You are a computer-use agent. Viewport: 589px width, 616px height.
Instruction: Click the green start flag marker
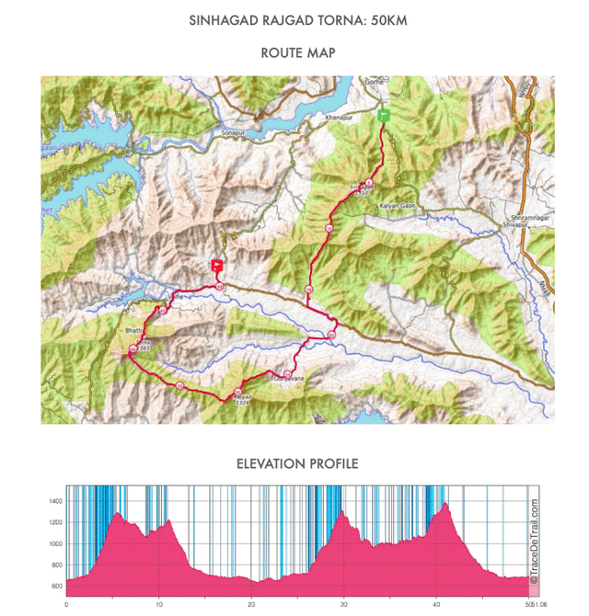385,115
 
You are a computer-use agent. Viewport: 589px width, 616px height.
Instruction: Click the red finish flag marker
217,266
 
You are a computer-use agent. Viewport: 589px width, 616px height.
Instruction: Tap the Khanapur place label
327,119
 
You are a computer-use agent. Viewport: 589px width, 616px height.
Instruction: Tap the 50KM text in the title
379,18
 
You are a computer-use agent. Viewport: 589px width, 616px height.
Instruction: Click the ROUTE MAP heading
294,53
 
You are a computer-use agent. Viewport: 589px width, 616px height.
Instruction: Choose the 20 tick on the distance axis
251,604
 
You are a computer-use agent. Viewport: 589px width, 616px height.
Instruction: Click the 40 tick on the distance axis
437,604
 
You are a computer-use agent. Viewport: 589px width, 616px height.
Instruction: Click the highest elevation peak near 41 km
446,503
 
